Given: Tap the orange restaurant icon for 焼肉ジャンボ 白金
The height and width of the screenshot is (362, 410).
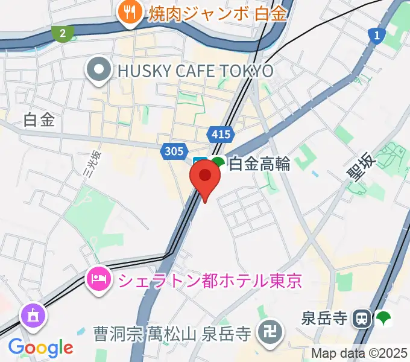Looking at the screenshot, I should tap(129, 12).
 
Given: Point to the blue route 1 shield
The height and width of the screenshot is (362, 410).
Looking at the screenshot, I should tap(376, 36).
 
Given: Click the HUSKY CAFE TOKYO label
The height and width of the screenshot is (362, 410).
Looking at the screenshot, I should tap(195, 71).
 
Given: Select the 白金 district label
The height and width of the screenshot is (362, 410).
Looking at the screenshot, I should tap(39, 119).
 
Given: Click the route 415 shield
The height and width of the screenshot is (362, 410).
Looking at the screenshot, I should tap(218, 134).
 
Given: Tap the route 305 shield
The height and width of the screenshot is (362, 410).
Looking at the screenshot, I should tap(174, 150).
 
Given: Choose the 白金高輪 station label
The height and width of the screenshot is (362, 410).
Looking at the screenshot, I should tap(259, 163).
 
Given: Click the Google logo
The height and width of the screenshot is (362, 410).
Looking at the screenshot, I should tap(40, 348).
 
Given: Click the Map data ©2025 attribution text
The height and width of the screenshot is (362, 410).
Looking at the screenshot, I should tap(359, 353).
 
